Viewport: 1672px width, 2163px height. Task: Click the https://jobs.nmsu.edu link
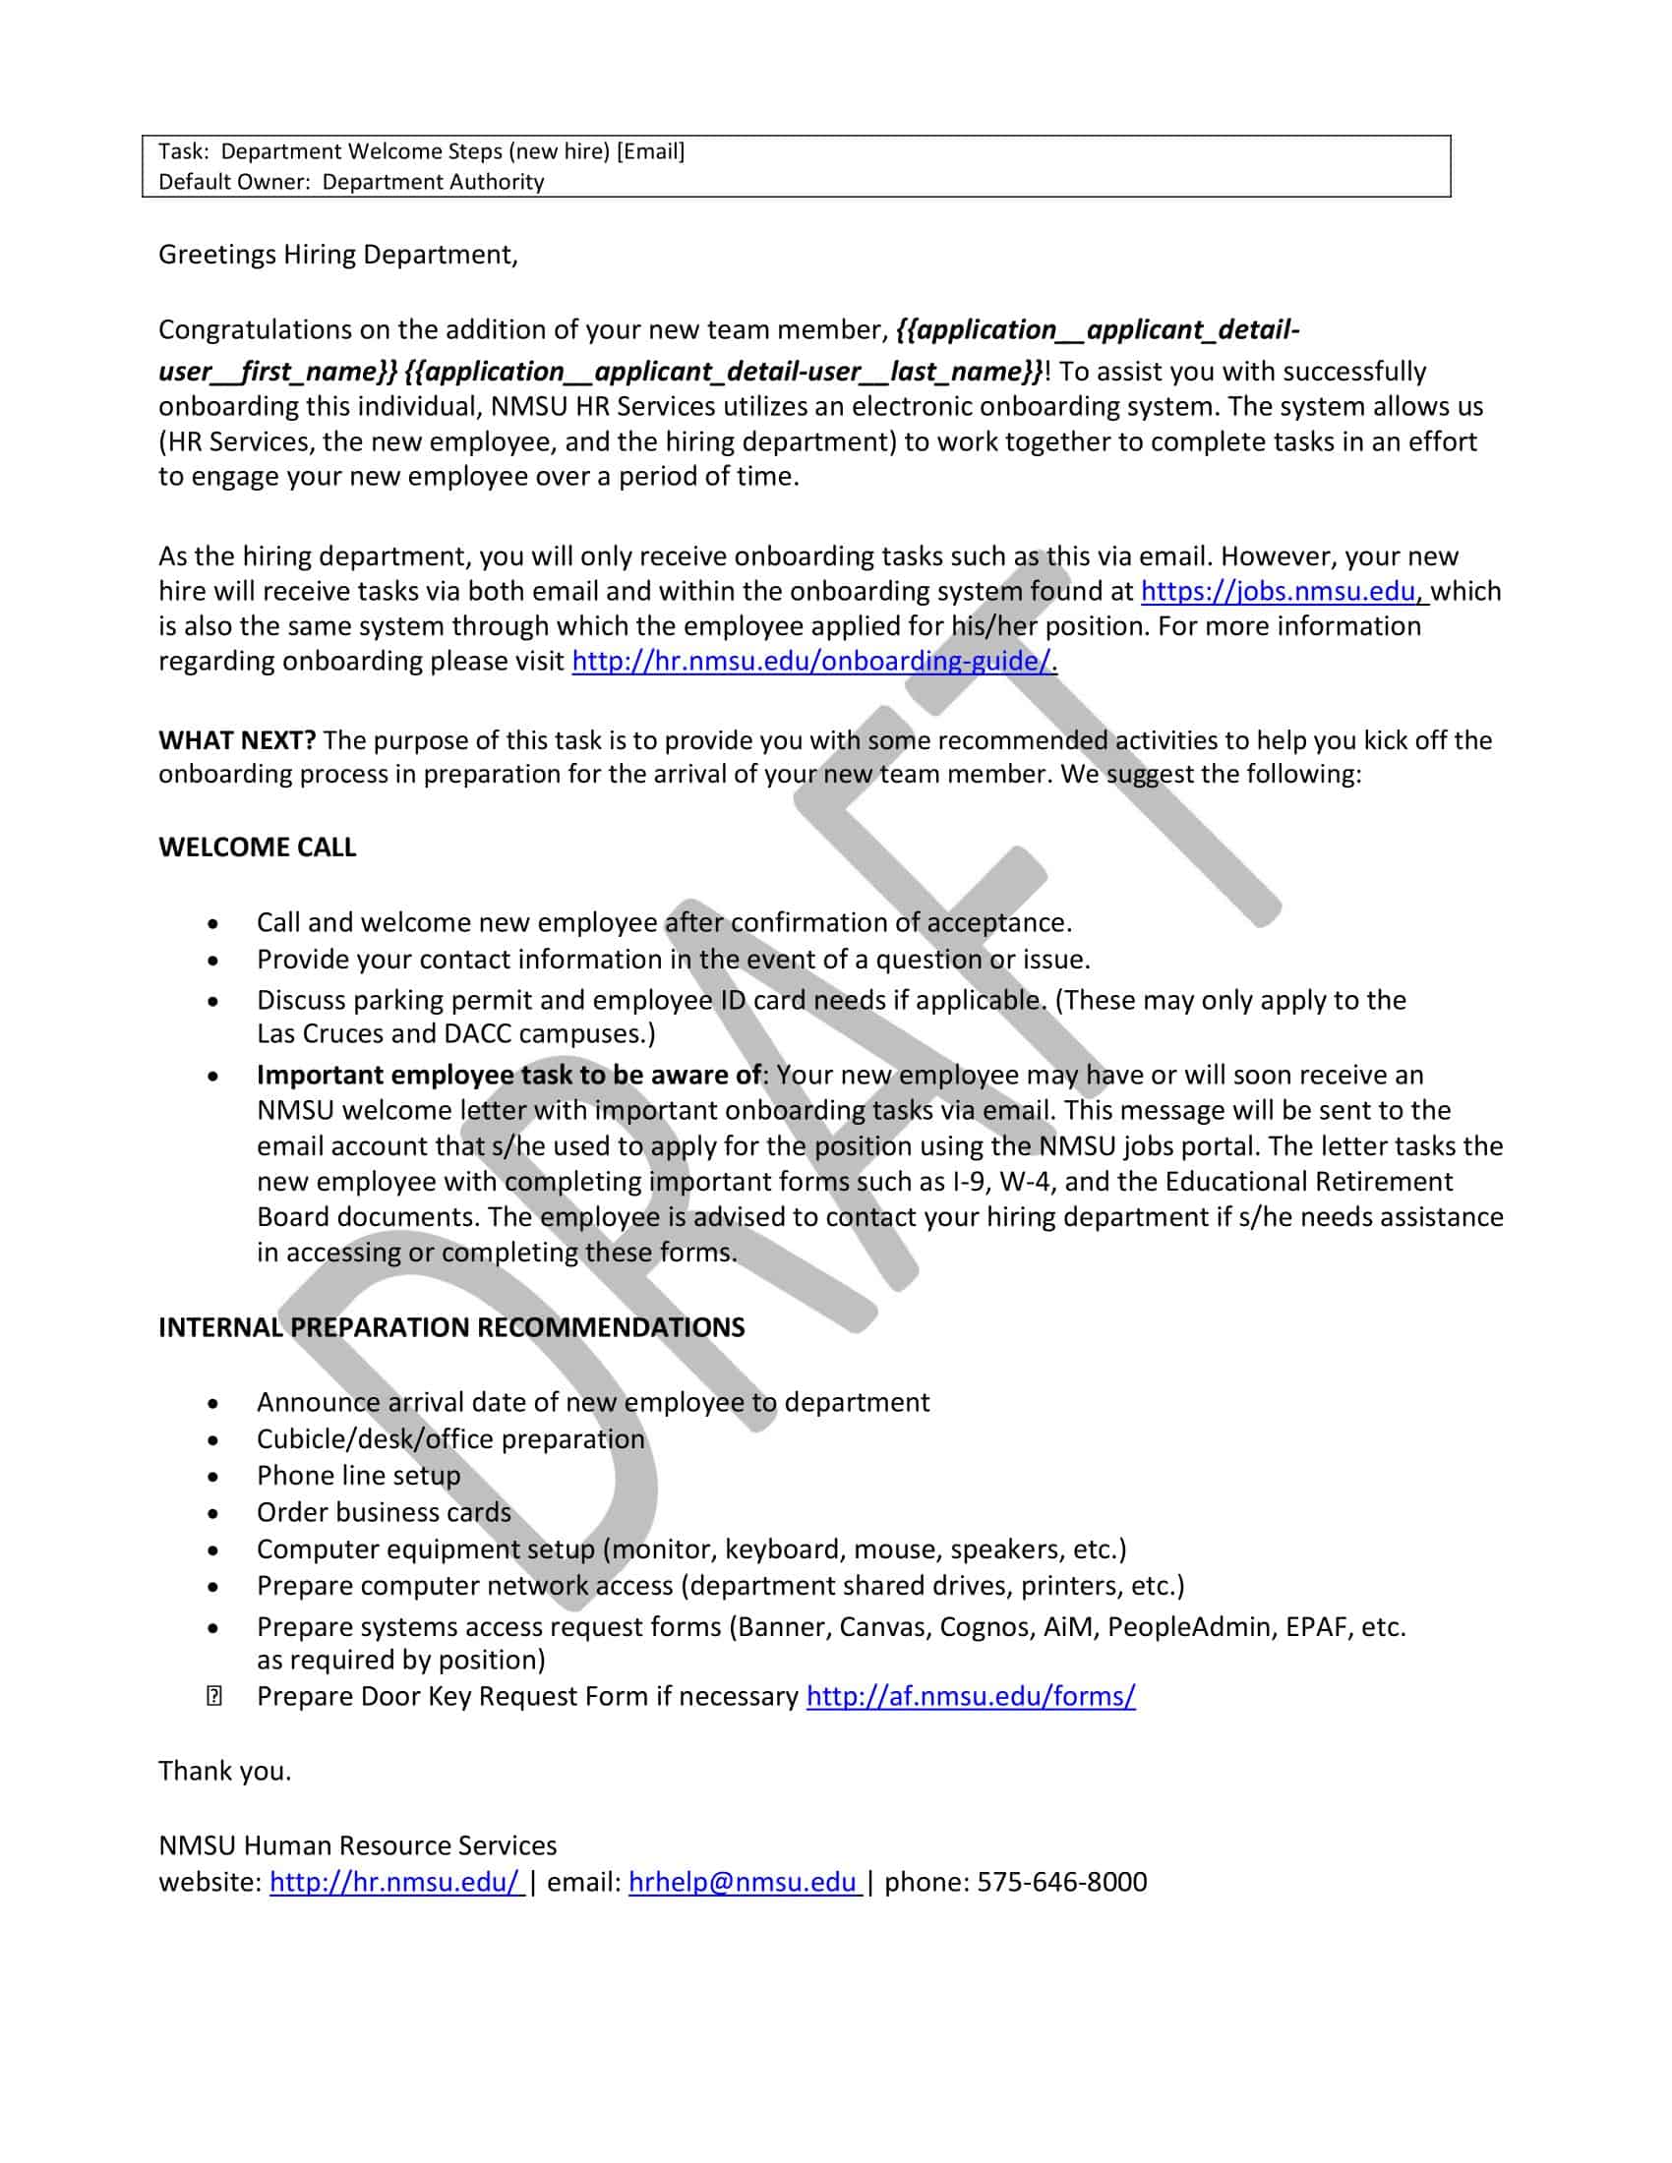(x=1278, y=591)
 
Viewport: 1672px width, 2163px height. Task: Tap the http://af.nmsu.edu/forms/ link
(x=971, y=1696)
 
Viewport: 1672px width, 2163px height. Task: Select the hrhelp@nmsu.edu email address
(x=742, y=1882)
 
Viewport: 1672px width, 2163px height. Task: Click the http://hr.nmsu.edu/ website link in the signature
(x=393, y=1882)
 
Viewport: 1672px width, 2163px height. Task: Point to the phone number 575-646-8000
(x=1062, y=1882)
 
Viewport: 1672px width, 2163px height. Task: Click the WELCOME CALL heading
(x=258, y=848)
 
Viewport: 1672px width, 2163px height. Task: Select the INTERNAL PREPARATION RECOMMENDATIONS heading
(x=451, y=1327)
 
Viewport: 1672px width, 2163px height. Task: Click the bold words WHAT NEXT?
(x=237, y=739)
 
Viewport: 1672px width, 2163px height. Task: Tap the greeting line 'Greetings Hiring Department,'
(x=337, y=256)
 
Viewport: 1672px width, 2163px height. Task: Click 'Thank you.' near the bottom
(x=225, y=1771)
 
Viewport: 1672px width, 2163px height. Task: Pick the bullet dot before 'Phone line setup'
(x=214, y=1477)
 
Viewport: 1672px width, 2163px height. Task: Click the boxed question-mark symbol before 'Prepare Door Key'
(x=214, y=1697)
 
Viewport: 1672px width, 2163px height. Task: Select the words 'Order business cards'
(x=384, y=1512)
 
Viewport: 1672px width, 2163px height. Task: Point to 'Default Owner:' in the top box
(x=235, y=182)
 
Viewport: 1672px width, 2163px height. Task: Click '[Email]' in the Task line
(x=650, y=151)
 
